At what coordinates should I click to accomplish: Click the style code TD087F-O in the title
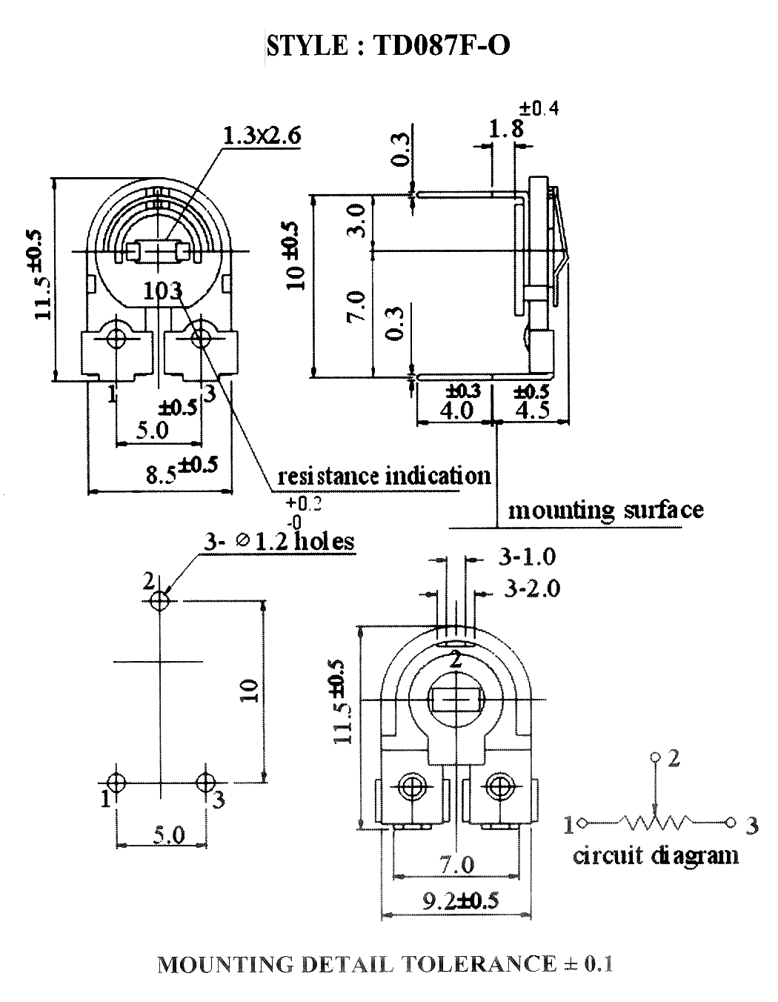click(441, 46)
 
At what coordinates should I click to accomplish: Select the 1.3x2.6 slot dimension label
click(262, 136)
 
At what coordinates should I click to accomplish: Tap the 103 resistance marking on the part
click(163, 291)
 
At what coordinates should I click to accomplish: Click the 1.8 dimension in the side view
click(505, 129)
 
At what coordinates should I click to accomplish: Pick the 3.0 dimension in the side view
click(356, 221)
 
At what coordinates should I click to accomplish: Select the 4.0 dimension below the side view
click(456, 410)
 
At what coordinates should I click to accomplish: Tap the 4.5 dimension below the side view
click(532, 410)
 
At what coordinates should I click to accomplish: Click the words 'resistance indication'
click(384, 476)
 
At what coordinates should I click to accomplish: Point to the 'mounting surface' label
click(605, 511)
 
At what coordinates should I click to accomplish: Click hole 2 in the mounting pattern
click(160, 601)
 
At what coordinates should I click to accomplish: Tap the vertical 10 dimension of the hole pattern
click(249, 690)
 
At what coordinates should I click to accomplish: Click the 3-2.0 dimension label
click(532, 589)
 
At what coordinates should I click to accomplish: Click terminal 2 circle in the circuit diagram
click(654, 757)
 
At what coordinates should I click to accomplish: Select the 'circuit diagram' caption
click(656, 856)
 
